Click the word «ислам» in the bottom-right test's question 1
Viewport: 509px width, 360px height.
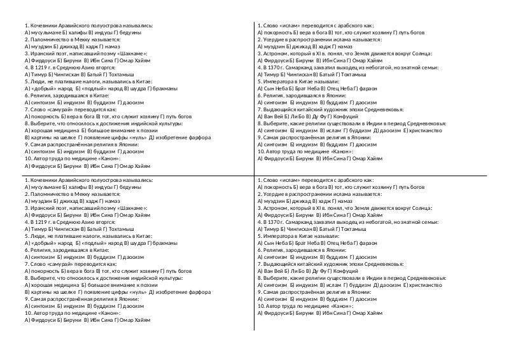click(293, 181)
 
